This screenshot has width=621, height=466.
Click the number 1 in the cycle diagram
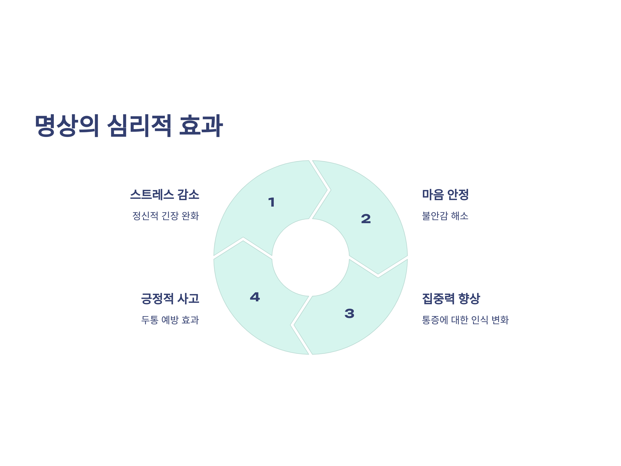(x=271, y=202)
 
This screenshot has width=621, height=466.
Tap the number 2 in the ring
(x=366, y=219)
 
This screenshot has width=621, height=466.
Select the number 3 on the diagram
(x=349, y=314)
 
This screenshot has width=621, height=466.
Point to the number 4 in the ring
(x=255, y=297)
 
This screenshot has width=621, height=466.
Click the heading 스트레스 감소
(x=165, y=195)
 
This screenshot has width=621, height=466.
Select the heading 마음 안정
(x=445, y=195)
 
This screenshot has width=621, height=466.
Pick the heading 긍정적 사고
(x=170, y=298)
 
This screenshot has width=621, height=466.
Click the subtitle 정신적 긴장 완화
(x=166, y=216)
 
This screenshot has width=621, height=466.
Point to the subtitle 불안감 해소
(x=445, y=216)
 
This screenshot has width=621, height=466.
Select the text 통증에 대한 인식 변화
(x=465, y=320)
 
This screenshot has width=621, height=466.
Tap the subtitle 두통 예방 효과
(x=170, y=320)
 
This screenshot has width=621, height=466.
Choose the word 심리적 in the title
(x=139, y=126)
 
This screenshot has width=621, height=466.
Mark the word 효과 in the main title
(x=201, y=126)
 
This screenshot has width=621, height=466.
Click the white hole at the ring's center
(x=310, y=258)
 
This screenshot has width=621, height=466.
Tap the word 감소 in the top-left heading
(x=188, y=195)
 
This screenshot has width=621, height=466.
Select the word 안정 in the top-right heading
(x=458, y=195)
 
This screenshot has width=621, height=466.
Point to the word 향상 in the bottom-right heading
(x=469, y=298)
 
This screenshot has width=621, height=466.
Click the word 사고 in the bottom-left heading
(x=188, y=298)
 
